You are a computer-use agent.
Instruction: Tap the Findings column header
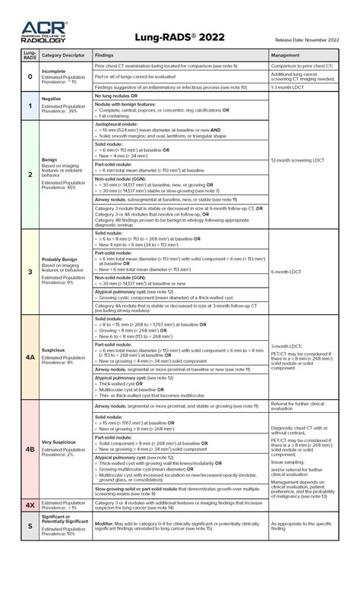pos(105,55)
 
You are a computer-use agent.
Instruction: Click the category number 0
pos(30,77)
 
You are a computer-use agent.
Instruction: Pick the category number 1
pos(30,105)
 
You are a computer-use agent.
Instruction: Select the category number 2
pos(30,174)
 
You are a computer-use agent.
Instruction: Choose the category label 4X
pos(30,504)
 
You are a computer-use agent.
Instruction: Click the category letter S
pos(30,526)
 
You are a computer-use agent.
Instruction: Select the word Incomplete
pos(53,71)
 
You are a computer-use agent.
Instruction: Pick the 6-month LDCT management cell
pos(288,271)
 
